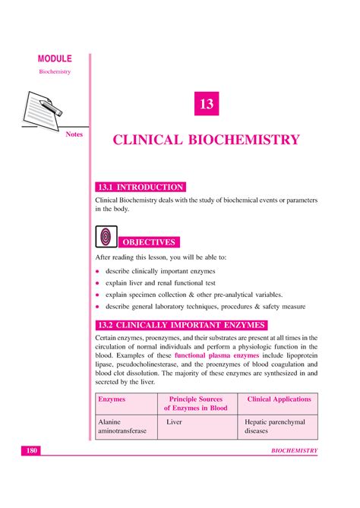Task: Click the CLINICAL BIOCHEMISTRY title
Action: coord(207,140)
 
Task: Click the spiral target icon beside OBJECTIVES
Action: coord(105,237)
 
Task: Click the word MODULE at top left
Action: coord(54,58)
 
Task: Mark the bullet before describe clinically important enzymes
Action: coord(97,272)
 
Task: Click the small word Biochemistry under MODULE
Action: coord(54,71)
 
